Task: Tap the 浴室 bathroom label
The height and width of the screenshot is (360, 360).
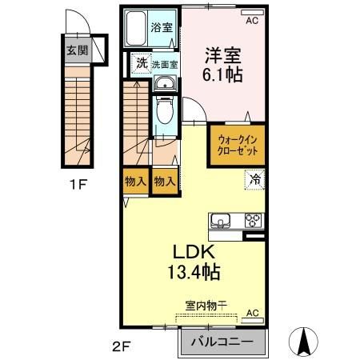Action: (162, 26)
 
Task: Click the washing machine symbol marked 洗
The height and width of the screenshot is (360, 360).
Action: (140, 62)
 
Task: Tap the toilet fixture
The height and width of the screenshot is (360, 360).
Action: (165, 110)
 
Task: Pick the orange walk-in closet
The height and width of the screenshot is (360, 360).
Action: (237, 146)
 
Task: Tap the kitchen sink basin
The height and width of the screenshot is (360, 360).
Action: (222, 219)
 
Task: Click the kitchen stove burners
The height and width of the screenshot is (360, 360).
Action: (254, 219)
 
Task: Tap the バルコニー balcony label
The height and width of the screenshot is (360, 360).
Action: (223, 342)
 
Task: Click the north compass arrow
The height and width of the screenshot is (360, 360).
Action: (305, 342)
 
